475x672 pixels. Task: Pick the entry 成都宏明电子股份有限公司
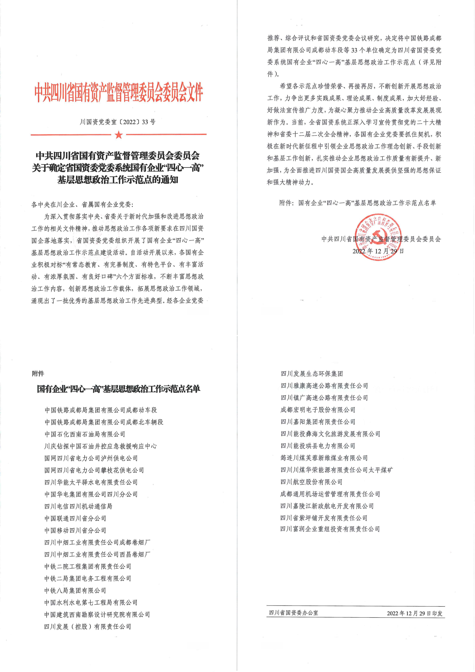(318, 410)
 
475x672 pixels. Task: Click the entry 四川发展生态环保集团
(312, 374)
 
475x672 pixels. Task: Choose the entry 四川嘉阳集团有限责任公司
(318, 422)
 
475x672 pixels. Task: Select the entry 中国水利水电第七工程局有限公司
(91, 602)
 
